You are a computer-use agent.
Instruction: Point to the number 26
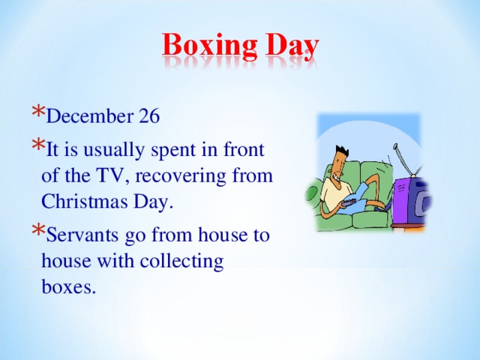148,117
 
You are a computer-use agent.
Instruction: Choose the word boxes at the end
70,287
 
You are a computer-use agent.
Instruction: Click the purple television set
410,201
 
